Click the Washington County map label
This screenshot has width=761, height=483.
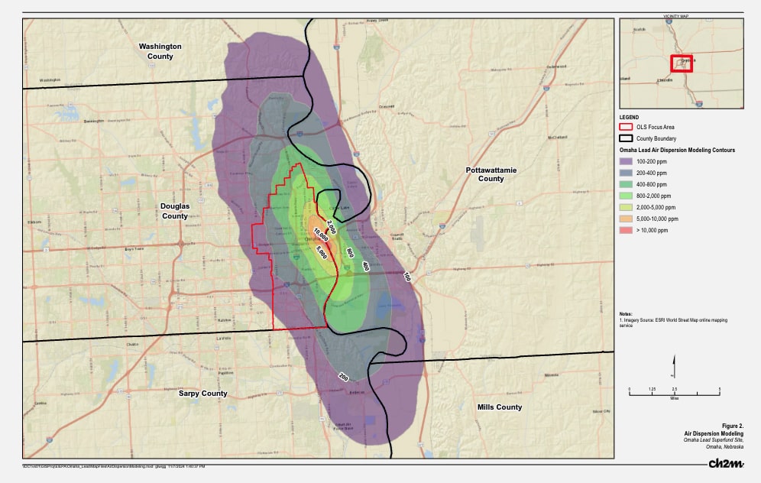(160, 51)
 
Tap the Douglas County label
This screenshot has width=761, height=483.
(174, 211)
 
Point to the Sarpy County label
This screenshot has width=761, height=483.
(203, 394)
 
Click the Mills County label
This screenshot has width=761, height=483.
(499, 407)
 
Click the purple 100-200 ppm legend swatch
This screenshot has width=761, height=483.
(627, 162)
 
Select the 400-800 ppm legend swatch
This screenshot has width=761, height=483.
(627, 184)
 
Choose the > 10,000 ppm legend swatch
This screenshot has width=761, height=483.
(627, 230)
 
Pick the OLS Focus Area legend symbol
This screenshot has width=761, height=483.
(627, 127)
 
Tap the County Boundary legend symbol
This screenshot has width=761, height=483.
(627, 138)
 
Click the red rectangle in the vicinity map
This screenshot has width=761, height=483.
(681, 63)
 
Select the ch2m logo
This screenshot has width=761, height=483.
(725, 464)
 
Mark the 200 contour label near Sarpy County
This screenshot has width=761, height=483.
(343, 377)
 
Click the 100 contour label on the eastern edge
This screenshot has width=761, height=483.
(406, 277)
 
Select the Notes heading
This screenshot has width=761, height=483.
(627, 313)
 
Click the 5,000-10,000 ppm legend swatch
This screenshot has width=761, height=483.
(627, 219)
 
